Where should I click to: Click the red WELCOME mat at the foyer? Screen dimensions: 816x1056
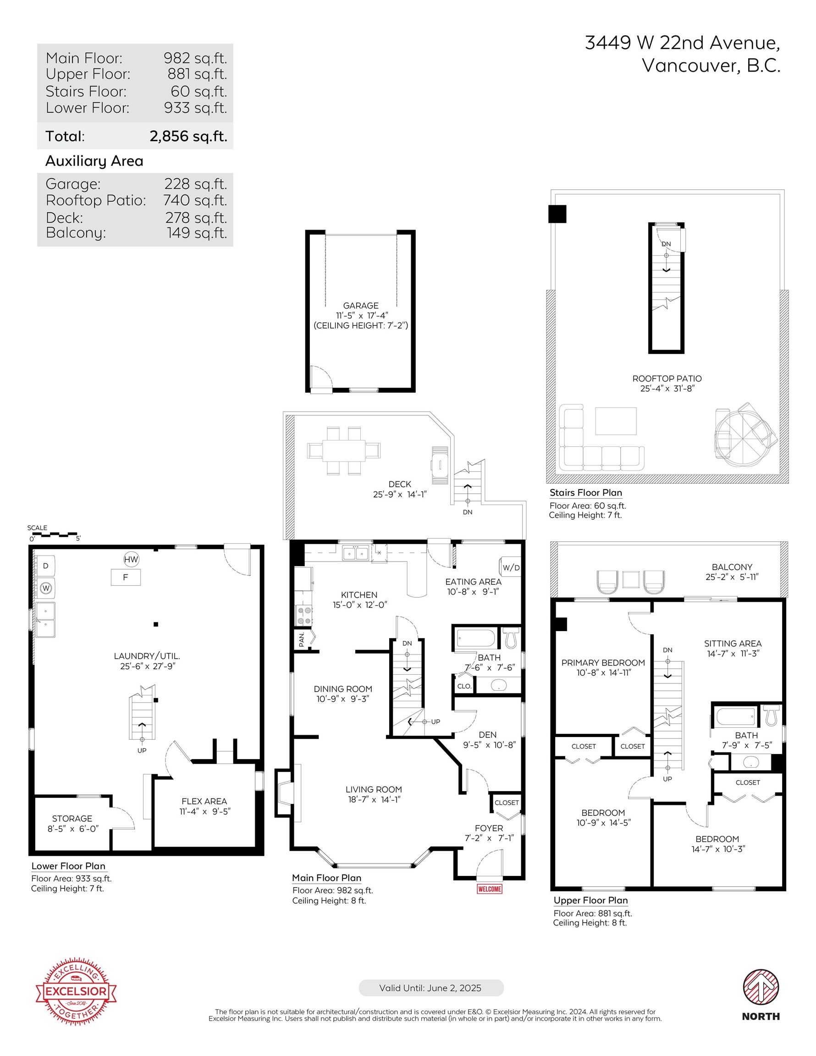tap(490, 889)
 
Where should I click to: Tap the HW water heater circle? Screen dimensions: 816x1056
tap(131, 560)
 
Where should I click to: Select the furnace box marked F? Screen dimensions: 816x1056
tap(126, 577)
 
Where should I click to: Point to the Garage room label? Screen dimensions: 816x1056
tap(361, 306)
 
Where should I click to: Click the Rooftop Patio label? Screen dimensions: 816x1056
tap(667, 379)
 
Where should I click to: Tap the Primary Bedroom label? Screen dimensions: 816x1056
tap(603, 662)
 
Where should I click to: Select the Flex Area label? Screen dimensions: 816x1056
tap(204, 801)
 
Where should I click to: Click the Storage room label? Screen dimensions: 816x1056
tap(72, 819)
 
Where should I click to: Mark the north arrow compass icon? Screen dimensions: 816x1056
tap(761, 987)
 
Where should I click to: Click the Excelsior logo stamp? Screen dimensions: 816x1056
tap(76, 991)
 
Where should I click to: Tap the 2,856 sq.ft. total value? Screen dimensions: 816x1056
tap(188, 136)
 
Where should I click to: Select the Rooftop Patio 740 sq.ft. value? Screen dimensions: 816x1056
tap(195, 200)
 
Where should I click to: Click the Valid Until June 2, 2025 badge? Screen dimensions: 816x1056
tap(431, 988)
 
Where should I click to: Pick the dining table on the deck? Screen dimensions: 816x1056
tap(344, 451)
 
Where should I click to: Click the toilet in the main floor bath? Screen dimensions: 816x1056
tap(511, 637)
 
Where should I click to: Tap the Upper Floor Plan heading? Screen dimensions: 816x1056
tap(590, 900)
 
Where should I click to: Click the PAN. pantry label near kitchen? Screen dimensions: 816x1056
tap(302, 639)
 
